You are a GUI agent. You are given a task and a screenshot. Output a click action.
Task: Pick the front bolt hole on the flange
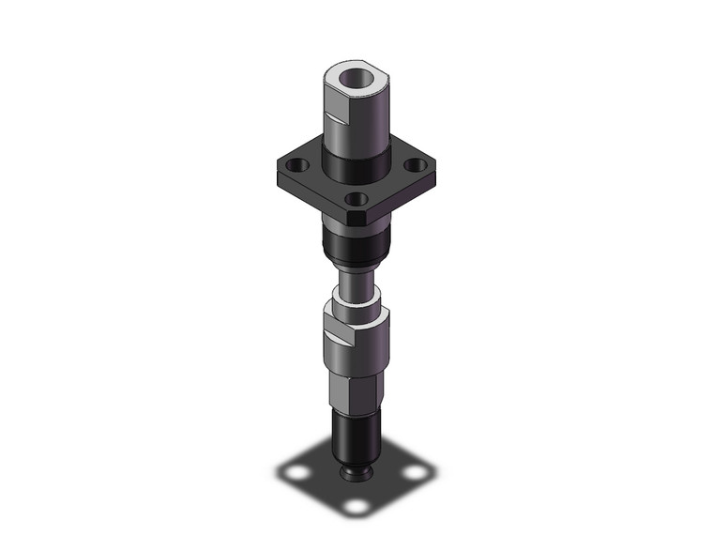click(x=355, y=198)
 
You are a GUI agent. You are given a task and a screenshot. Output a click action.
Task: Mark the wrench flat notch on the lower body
click(x=338, y=334)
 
